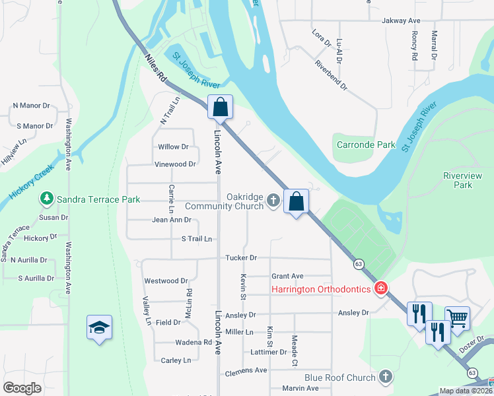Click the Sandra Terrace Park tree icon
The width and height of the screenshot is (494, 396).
pyautogui.click(x=46, y=198)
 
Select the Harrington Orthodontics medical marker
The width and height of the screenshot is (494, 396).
pyautogui.click(x=380, y=288)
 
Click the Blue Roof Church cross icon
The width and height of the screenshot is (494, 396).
pyautogui.click(x=386, y=378)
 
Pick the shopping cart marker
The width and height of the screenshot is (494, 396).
pyautogui.click(x=457, y=319)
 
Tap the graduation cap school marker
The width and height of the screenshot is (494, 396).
pyautogui.click(x=99, y=327)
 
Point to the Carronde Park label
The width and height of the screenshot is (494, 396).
pyautogui.click(x=366, y=145)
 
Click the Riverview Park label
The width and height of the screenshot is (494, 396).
pyautogui.click(x=458, y=180)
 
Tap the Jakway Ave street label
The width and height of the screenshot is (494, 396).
pyautogui.click(x=401, y=21)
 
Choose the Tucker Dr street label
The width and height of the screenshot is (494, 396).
pyautogui.click(x=240, y=257)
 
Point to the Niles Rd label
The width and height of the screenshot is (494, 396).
pyautogui.click(x=155, y=67)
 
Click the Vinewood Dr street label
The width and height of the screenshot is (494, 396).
pyautogui.click(x=175, y=164)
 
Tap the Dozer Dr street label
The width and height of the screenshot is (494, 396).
pyautogui.click(x=473, y=345)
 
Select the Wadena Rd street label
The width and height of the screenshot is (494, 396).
pyautogui.click(x=193, y=343)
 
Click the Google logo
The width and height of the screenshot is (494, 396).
pyautogui.click(x=22, y=388)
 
